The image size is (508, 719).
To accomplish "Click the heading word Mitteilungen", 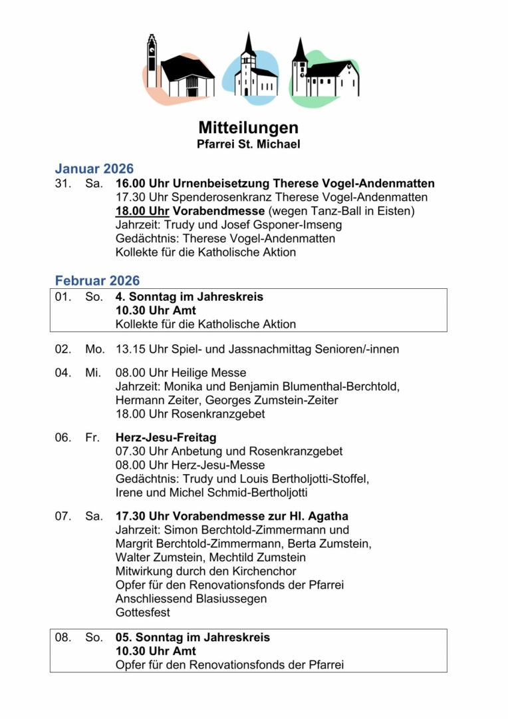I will pos(248,127).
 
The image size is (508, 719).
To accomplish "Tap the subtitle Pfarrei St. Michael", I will pos(248,144).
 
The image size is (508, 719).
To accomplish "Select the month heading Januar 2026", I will pos(94,168).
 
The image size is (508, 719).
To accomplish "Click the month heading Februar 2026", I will pos(98,280).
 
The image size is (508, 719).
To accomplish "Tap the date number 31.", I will pos(63,184).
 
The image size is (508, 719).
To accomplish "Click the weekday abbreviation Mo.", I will pos(94,349).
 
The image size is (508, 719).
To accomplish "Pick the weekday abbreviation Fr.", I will pos(92,437).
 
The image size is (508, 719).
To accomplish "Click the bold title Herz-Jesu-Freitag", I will pos(166,437).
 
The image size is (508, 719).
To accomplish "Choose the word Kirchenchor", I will pos(262,571).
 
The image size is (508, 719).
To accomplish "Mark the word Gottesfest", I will pos(143,612).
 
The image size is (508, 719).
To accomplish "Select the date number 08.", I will pos(63,637).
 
